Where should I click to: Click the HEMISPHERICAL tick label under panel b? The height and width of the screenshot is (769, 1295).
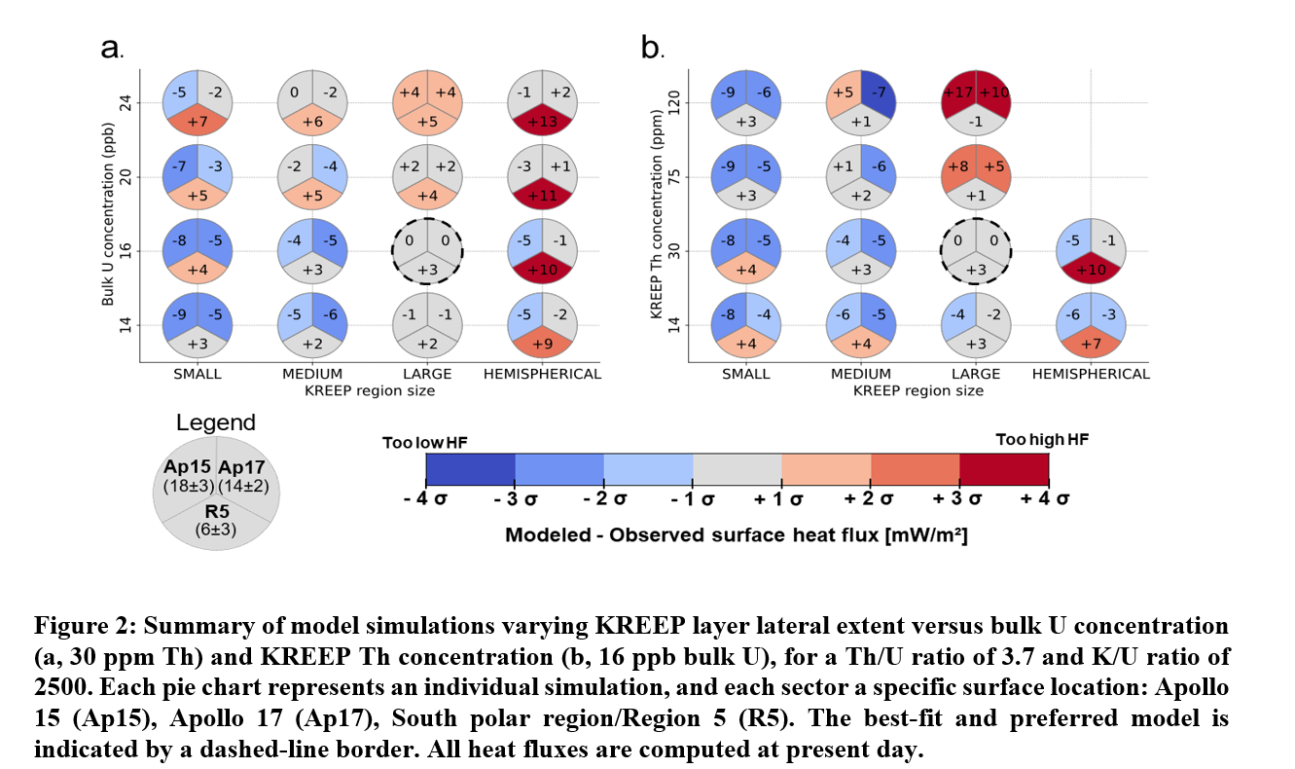pos(1091,374)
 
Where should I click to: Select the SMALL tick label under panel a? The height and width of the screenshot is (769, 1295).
pos(197,374)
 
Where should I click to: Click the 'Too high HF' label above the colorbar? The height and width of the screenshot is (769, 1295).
pos(1042,440)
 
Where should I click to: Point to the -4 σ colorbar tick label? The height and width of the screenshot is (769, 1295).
pos(426,499)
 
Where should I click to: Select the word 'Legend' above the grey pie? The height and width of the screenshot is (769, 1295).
pos(216,422)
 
